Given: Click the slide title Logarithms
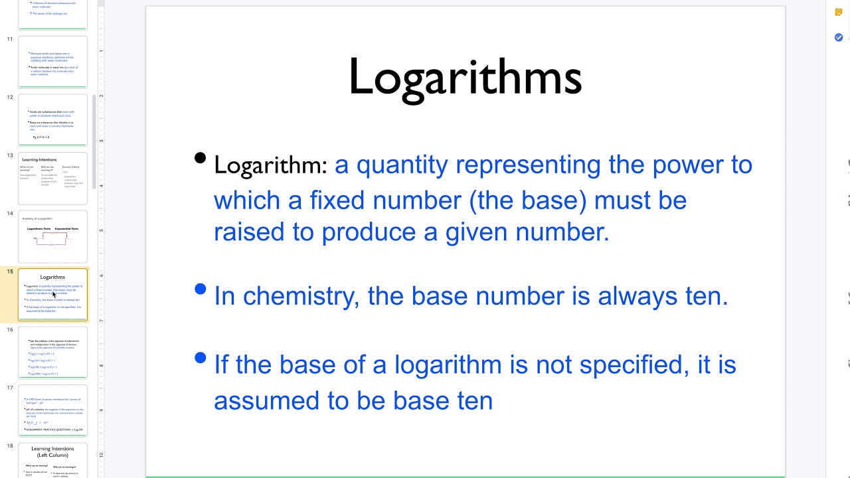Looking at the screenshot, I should pos(465,77).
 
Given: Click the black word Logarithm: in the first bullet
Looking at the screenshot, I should pos(270,165).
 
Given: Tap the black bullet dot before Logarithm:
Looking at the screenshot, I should pos(200,158).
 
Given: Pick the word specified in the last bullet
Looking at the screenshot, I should pos(628,364).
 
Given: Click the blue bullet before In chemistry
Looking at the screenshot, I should pos(200,289).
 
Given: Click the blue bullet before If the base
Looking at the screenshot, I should pos(200,358).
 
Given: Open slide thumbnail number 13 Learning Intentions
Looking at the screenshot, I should pos(52,178).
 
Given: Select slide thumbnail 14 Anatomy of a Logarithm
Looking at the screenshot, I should pos(52,236).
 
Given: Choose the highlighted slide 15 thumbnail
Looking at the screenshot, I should pos(52,294).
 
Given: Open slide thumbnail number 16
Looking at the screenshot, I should pos(52,352).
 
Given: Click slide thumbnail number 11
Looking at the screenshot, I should pos(52,62).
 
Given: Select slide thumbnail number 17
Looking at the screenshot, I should pos(52,410).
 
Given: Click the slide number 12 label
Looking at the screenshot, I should pos(10,97).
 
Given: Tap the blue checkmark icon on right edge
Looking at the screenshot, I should pos(839,38).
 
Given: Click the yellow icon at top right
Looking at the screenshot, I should pos(839,12).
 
